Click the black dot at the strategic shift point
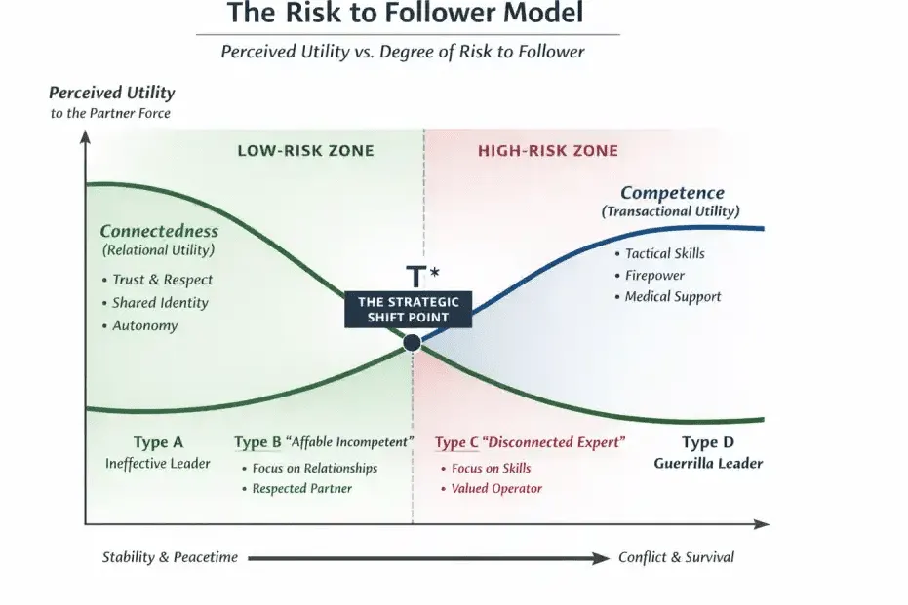coord(412,343)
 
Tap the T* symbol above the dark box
coord(422,276)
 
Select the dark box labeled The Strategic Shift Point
coord(409,310)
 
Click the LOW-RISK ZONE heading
coord(306,151)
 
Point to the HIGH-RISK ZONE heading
coord(548,151)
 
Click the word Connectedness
coord(159,231)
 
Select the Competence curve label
coord(672,193)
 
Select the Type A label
coord(158,442)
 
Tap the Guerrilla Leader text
coord(708,464)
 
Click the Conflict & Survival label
coord(676,557)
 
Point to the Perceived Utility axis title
coord(112,93)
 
